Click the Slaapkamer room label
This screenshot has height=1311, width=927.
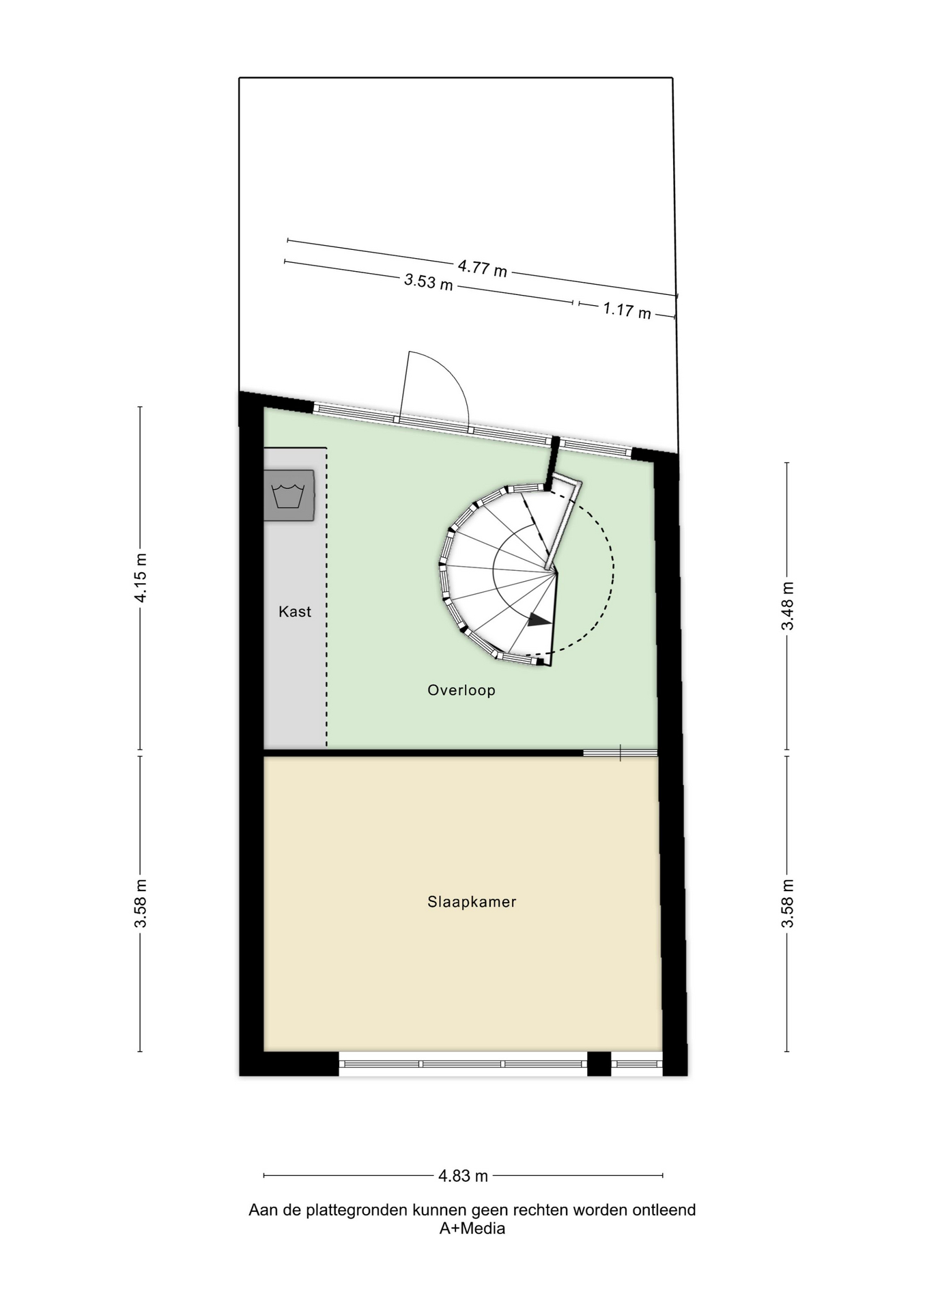(x=472, y=902)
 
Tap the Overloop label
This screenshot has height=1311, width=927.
(x=461, y=690)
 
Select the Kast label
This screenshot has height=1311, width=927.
(x=295, y=612)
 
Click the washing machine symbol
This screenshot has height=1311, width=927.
(x=289, y=495)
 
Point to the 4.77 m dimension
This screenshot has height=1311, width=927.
(x=482, y=268)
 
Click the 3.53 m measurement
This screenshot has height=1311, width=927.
(x=429, y=281)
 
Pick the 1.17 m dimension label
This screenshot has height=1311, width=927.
(x=627, y=311)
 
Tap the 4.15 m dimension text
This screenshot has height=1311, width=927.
(x=141, y=578)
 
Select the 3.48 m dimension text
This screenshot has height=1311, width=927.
(x=788, y=606)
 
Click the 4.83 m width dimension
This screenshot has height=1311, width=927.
(x=463, y=1176)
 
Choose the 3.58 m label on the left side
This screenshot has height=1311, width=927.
(x=141, y=903)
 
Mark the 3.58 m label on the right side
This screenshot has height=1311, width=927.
(x=788, y=903)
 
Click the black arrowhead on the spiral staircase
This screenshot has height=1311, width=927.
(x=539, y=620)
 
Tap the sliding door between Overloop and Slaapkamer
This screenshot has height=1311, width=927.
(x=620, y=753)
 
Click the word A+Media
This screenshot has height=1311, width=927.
(x=472, y=1229)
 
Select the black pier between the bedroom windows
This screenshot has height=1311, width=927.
(x=599, y=1064)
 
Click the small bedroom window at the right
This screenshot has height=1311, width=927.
(x=637, y=1064)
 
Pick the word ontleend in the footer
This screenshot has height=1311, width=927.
(x=664, y=1210)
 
